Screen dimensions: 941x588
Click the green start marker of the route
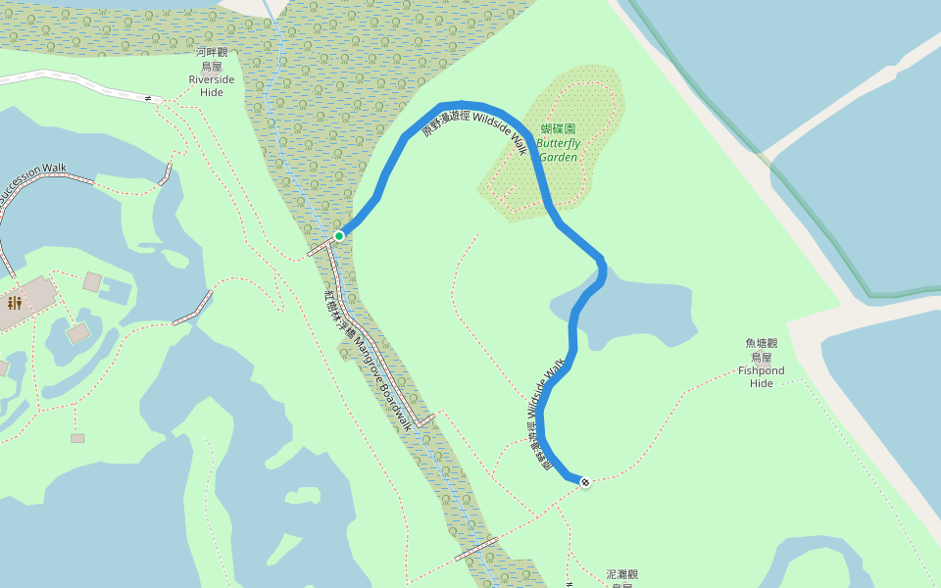[x=339, y=235]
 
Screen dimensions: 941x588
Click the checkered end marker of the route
[x=585, y=482]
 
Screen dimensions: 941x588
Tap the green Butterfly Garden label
[x=558, y=150]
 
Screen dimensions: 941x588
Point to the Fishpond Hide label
[x=762, y=377]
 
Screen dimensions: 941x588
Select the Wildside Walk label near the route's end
[x=546, y=389]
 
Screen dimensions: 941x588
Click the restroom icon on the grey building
[x=14, y=303]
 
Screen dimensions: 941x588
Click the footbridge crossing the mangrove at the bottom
[x=476, y=548]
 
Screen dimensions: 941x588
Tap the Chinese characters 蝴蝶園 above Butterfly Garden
[x=558, y=128]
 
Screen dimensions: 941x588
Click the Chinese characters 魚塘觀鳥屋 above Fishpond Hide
[x=762, y=350]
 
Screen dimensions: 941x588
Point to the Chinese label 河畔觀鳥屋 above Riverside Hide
[x=212, y=59]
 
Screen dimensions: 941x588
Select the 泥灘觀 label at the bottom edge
[x=622, y=575]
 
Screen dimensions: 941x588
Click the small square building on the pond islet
[x=78, y=333]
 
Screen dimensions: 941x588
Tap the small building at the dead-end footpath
[x=77, y=438]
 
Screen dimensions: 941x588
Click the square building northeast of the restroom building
[x=92, y=282]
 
